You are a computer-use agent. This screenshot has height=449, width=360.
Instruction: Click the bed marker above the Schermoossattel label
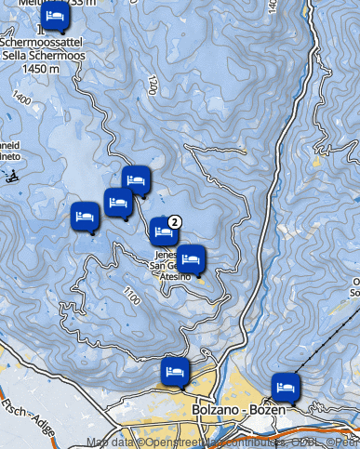point(56,16)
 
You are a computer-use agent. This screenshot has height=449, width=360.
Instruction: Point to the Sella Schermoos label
point(44,55)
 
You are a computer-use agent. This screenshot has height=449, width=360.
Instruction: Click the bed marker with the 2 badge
point(164,229)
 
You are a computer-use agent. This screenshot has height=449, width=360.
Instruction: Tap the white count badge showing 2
point(174,220)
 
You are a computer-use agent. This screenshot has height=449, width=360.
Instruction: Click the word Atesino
point(175,276)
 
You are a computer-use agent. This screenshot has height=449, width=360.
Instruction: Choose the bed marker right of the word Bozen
point(286,385)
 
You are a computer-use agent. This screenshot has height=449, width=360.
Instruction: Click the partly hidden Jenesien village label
point(164,252)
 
